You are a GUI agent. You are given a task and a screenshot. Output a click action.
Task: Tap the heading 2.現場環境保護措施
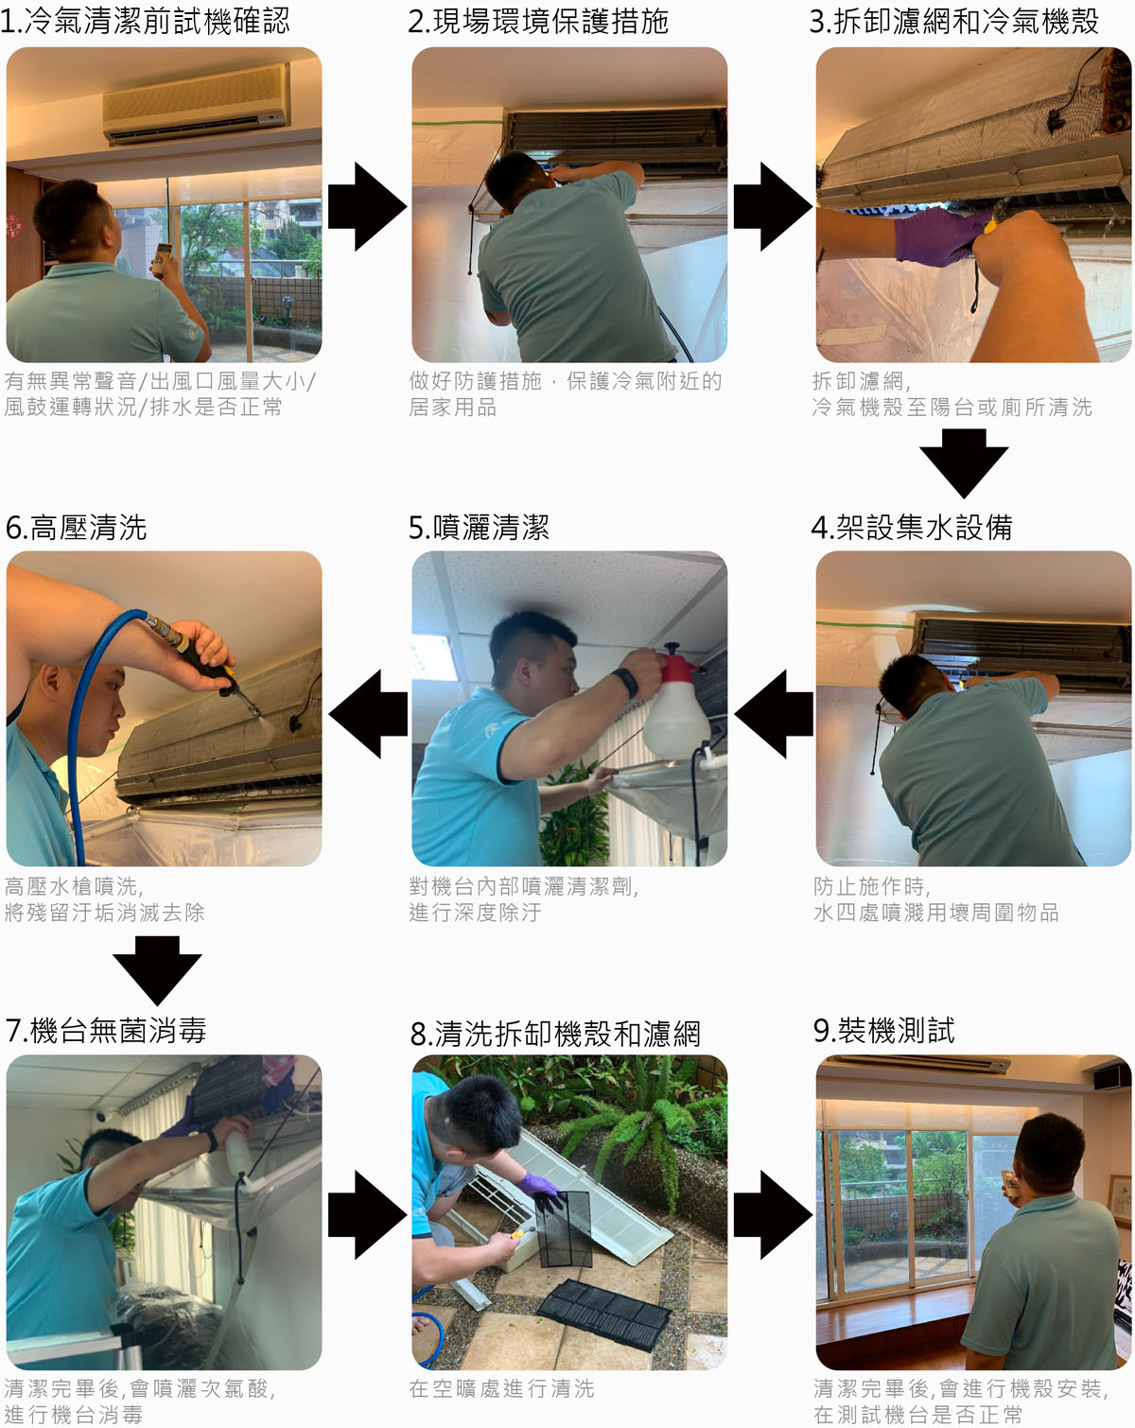[538, 21]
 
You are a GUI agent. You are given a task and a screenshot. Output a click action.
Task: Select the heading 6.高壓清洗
[77, 527]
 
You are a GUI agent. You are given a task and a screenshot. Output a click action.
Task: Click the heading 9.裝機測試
[883, 1031]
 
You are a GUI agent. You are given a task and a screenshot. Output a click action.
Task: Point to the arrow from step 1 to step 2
[367, 206]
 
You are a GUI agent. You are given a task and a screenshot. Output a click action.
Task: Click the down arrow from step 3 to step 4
[964, 462]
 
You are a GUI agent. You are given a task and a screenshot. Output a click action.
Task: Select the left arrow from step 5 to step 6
[369, 714]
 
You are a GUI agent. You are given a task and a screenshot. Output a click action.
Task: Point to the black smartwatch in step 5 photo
[625, 681]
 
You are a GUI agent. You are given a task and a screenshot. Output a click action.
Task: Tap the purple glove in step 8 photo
[542, 1188]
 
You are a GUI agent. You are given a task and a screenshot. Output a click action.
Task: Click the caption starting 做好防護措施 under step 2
[565, 393]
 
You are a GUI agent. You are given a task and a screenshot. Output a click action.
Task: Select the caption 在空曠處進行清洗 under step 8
[501, 1388]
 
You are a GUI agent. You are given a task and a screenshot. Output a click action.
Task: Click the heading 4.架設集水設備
[912, 527]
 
